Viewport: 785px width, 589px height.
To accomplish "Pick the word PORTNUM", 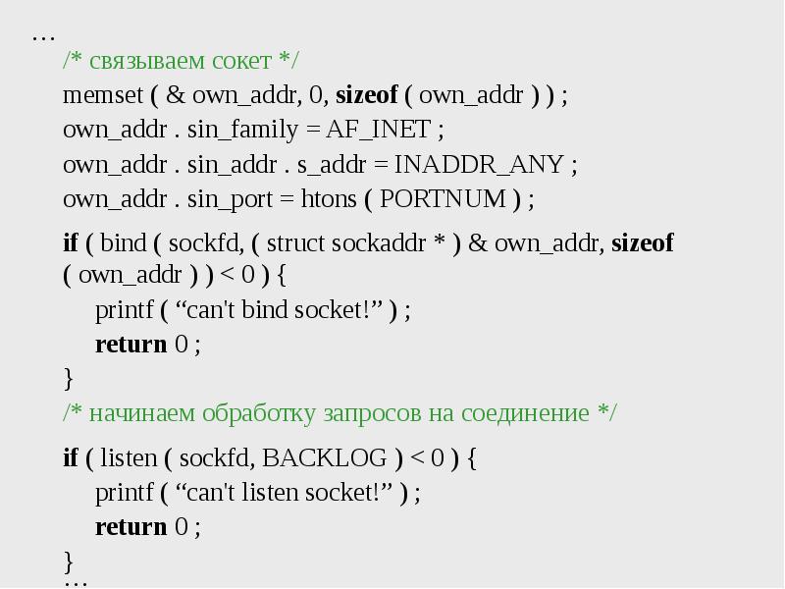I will coord(443,198).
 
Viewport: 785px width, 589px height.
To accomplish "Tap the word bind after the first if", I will coord(123,243).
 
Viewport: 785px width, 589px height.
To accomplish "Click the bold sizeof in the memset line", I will coord(366,95).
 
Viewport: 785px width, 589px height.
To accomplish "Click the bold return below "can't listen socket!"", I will coord(131,527).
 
